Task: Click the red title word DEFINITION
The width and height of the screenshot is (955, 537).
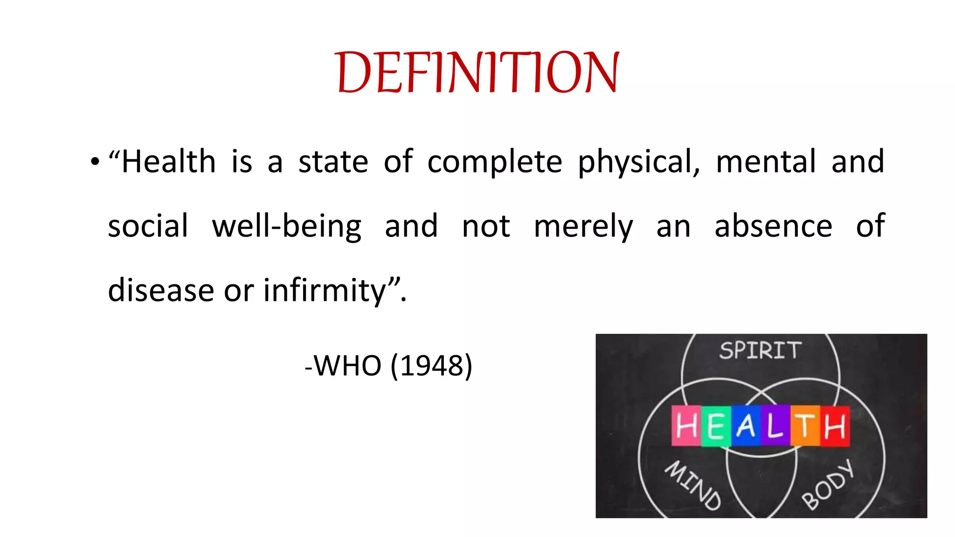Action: coord(477,72)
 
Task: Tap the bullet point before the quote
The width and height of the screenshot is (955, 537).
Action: coord(95,162)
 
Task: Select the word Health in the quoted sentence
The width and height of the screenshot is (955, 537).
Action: coord(168,161)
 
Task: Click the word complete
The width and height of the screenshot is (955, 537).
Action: coord(495,162)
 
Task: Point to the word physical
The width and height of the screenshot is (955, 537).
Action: coord(638,162)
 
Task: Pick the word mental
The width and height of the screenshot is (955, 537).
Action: coord(766,161)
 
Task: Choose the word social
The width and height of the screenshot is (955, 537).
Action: coord(148,226)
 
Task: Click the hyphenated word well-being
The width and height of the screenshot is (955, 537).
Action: coord(286,226)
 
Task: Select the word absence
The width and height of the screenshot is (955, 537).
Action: coord(773,226)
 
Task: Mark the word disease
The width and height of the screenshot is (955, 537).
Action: coord(161,290)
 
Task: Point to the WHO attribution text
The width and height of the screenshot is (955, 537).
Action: coord(348,365)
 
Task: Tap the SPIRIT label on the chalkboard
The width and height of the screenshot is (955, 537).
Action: coord(760,351)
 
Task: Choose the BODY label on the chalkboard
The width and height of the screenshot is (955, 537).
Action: coord(828,485)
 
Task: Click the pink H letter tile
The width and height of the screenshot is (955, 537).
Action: coord(686,426)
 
